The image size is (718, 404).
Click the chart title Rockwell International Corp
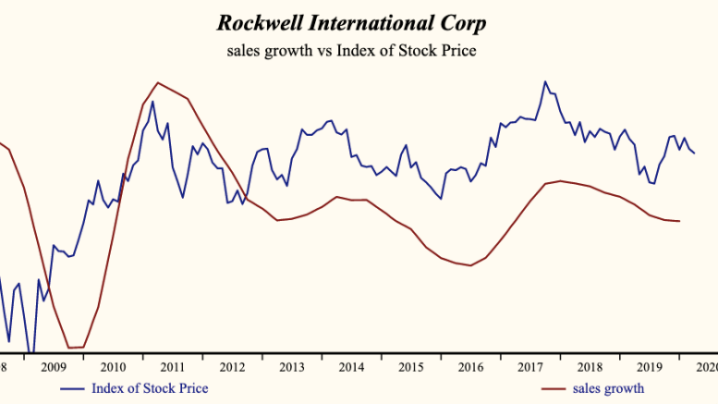(351, 21)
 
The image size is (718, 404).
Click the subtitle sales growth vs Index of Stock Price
(351, 51)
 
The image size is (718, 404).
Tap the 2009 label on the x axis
(55, 367)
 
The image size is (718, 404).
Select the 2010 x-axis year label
(114, 367)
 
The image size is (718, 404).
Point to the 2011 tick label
(173, 367)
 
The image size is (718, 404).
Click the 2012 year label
(232, 367)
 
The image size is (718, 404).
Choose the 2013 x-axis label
(292, 367)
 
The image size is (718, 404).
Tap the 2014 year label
(351, 367)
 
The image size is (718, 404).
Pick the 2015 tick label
(410, 367)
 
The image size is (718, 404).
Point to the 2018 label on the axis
(589, 367)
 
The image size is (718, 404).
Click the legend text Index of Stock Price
(149, 387)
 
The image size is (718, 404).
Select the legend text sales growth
(608, 387)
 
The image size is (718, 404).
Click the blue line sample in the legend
(72, 388)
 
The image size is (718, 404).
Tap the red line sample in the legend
(553, 388)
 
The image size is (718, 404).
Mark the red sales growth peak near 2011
(158, 82)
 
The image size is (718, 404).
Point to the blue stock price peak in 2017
(544, 81)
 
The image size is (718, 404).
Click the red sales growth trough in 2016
(470, 265)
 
